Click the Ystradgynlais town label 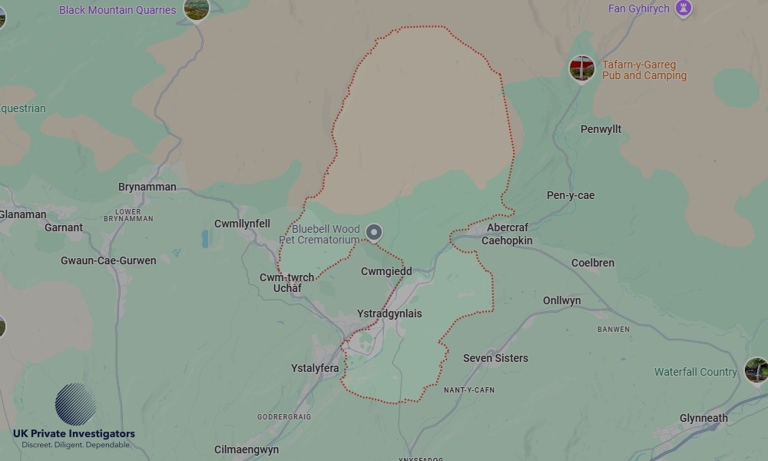tap(389, 313)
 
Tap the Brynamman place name tap(147, 187)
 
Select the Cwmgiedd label tap(386, 271)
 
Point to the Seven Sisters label tap(495, 358)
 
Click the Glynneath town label tap(703, 418)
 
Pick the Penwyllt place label tap(601, 129)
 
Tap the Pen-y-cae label tap(570, 195)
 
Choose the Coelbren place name tap(592, 263)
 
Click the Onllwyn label tap(561, 300)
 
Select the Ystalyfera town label tap(315, 368)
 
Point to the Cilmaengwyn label tap(247, 449)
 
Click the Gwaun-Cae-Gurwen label tap(108, 260)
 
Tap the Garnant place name tap(64, 227)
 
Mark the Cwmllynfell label tap(242, 224)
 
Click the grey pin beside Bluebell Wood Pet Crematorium tap(374, 231)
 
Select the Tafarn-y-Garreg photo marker tap(581, 68)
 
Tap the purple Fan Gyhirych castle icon tap(683, 8)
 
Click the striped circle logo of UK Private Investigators tap(75, 405)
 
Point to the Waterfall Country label tap(695, 372)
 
